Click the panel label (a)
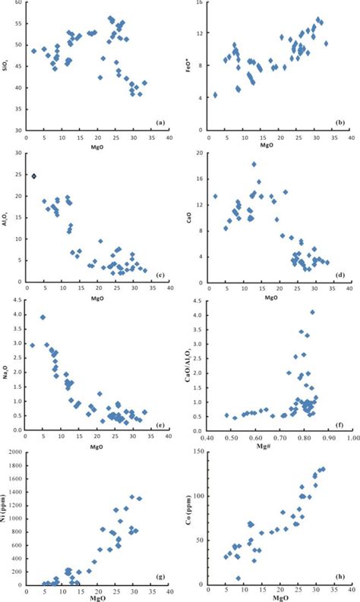[159, 121]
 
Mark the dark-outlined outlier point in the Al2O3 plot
[34, 176]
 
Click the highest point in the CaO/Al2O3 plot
[312, 312]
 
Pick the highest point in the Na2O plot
[43, 317]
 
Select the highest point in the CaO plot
[254, 164]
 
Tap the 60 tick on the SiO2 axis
[20, 3]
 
